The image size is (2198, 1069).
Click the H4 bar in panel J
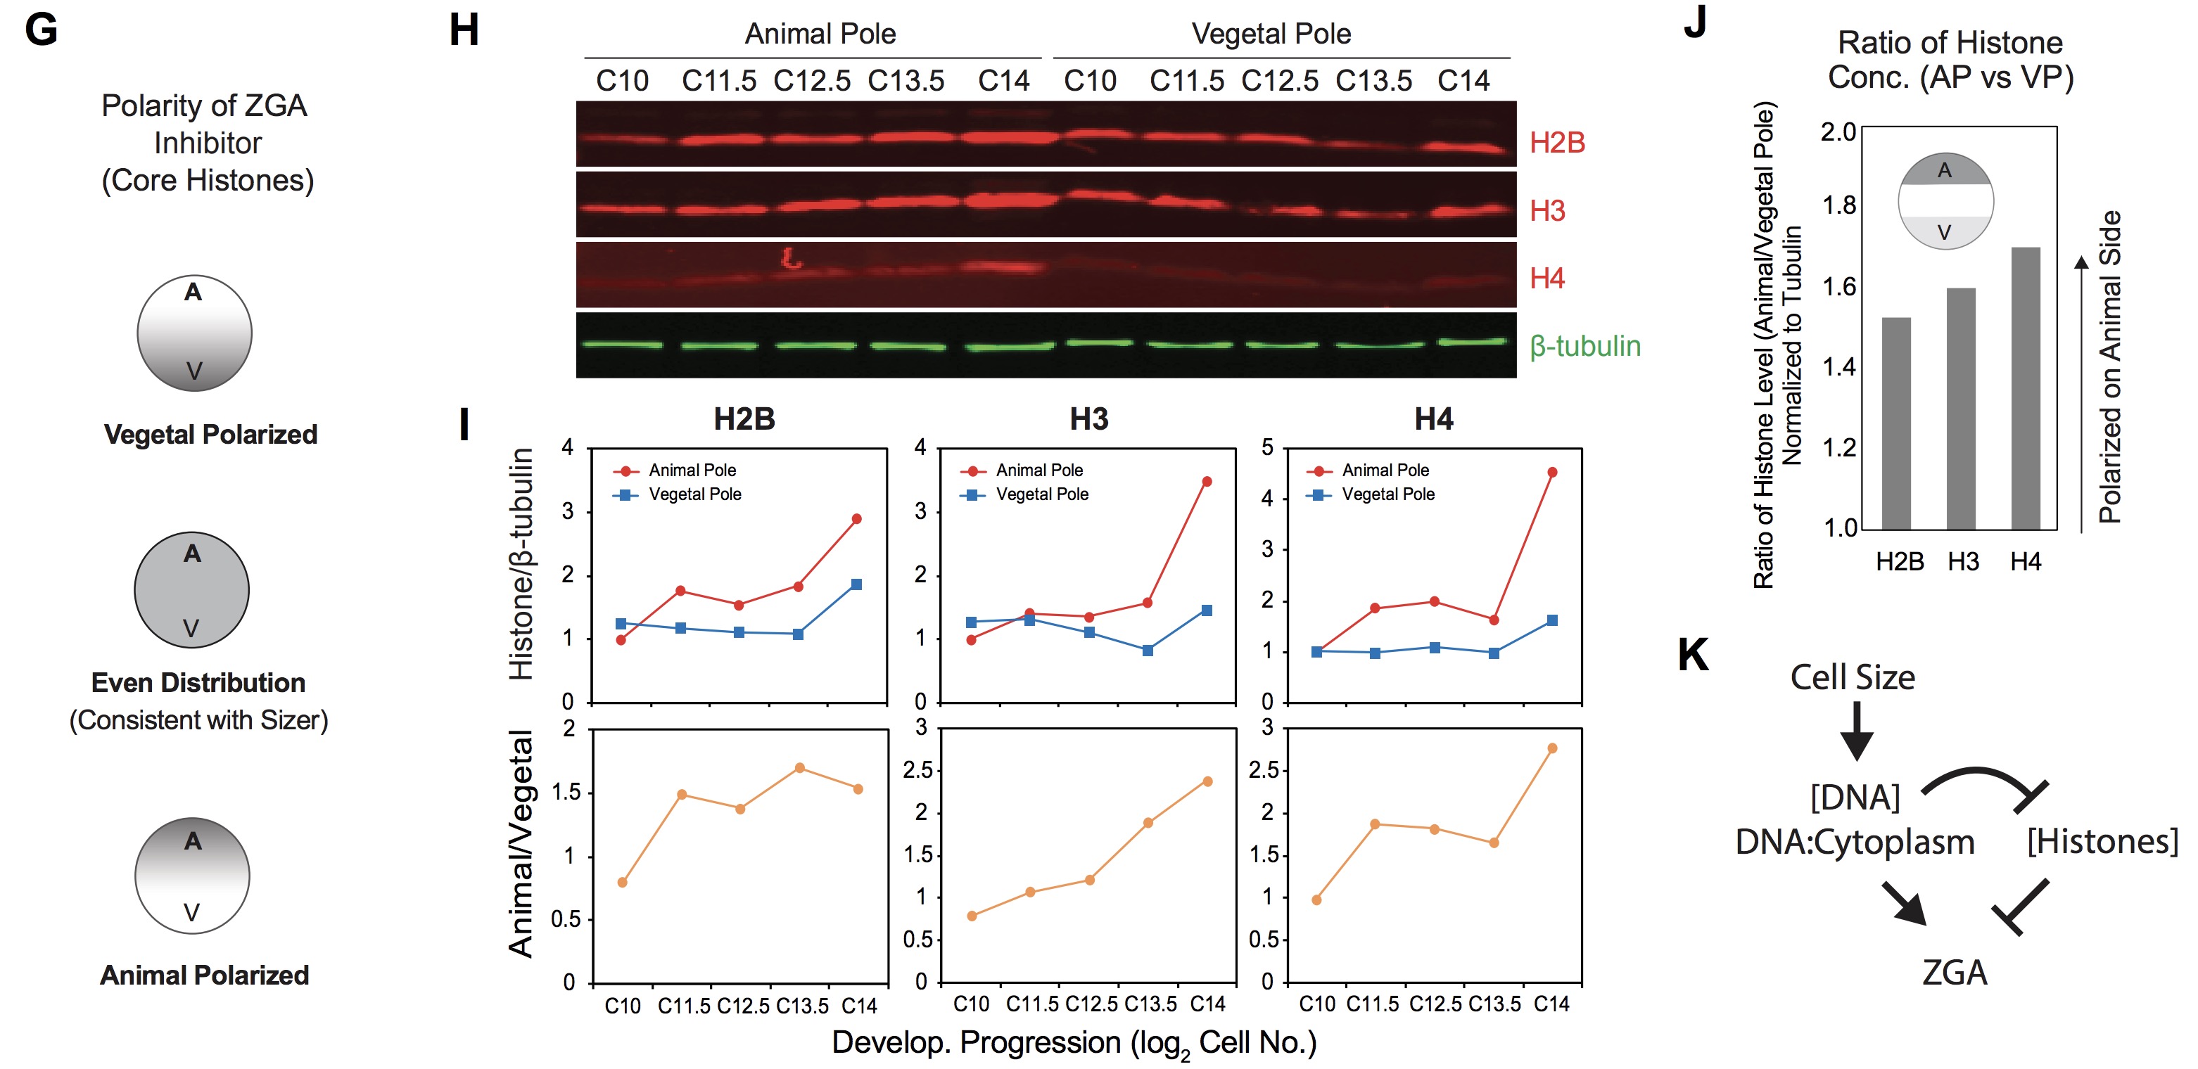[2025, 388]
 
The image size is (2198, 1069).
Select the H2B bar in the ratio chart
[1896, 423]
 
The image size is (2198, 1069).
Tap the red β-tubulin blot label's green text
[1584, 347]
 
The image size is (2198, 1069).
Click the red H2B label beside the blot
[1556, 143]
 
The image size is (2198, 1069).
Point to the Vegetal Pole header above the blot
[1271, 34]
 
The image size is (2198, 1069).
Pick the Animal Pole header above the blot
[820, 34]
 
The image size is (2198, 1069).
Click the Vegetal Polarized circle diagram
[195, 333]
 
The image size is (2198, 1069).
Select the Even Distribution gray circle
[192, 589]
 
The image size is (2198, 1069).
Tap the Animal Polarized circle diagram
[193, 876]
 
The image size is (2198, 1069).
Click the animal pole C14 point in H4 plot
[1552, 472]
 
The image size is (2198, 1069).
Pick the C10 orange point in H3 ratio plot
[972, 916]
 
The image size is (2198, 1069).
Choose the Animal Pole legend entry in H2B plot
[691, 470]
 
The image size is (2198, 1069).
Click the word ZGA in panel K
[1954, 973]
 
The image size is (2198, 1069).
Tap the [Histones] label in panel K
[2102, 841]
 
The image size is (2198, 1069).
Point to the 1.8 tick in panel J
[1838, 205]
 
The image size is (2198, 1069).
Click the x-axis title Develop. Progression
[1074, 1042]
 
